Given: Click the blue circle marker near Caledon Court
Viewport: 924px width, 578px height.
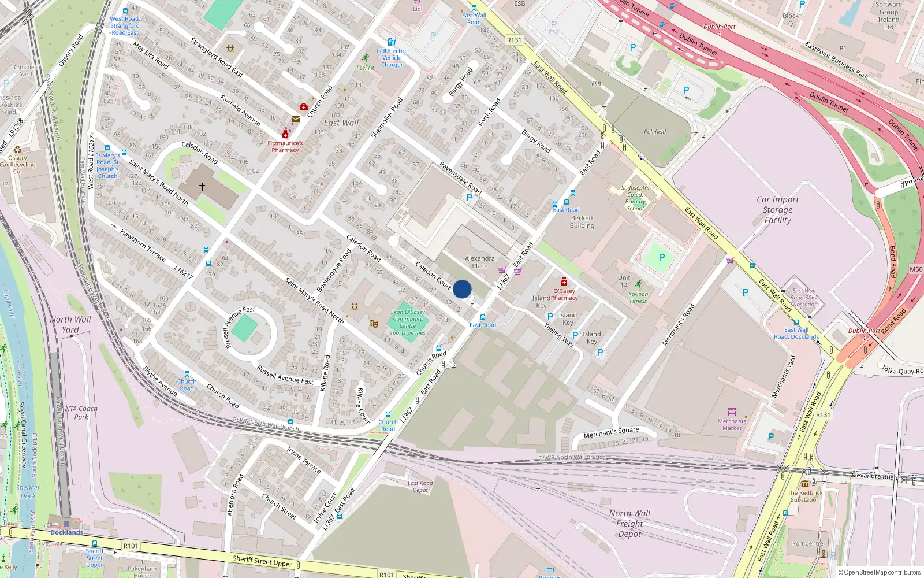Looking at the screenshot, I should point(462,289).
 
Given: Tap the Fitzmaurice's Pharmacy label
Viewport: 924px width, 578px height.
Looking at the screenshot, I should point(285,146).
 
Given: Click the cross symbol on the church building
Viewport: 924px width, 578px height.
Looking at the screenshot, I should point(202,187).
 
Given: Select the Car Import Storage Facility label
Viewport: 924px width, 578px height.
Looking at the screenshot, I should point(777,209).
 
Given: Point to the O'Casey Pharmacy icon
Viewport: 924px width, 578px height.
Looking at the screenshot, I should point(564,281).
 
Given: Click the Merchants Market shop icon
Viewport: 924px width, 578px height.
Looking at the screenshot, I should point(732,412).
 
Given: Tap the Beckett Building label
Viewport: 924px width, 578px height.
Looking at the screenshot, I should point(582,222).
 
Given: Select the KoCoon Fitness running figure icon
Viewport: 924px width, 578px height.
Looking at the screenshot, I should point(638,284).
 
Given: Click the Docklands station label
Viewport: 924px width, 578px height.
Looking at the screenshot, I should point(66,532).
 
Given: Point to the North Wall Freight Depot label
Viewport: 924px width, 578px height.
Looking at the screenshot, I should point(629,523).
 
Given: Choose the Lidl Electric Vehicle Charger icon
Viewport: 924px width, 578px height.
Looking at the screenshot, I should point(392,42).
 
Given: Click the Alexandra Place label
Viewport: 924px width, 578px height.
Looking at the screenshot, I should point(479,262).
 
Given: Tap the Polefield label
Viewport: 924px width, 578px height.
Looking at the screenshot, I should point(655,132).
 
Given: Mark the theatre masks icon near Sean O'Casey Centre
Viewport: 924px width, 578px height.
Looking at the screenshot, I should point(374,324).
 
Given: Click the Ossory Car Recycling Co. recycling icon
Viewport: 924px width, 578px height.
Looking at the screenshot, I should point(17,149).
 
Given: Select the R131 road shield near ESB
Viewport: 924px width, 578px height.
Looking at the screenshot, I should point(514,40).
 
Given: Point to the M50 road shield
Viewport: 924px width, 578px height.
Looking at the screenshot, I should point(916,269).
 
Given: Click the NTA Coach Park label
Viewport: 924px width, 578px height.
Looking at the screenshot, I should point(81,413).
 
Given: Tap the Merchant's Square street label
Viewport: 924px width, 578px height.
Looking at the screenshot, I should point(611,432).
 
